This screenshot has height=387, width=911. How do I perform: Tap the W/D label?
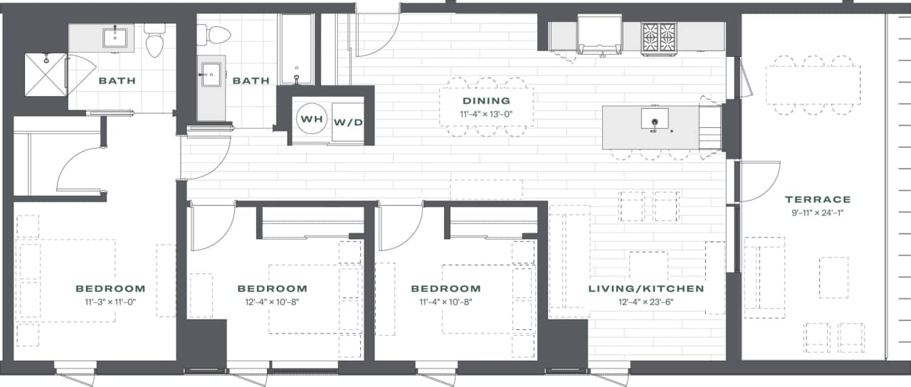point(349,122)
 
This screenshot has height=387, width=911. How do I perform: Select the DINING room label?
point(486,101)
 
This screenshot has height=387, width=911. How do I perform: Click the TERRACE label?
point(818,199)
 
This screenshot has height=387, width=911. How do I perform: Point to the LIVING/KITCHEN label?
point(646,289)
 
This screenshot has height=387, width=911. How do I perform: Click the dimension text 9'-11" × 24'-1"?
point(818,212)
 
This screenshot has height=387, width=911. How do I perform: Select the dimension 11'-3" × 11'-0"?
point(110,302)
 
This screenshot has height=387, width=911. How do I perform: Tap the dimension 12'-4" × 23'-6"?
point(646,302)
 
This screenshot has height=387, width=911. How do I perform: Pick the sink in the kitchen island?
point(653,118)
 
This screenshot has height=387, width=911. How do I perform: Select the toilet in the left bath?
point(154,41)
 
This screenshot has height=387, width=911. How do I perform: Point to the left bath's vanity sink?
point(115,36)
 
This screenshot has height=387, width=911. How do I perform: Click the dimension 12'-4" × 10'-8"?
point(272,302)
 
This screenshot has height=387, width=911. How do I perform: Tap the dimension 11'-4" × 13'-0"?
point(486,113)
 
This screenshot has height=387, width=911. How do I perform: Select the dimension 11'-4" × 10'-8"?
point(446,302)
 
